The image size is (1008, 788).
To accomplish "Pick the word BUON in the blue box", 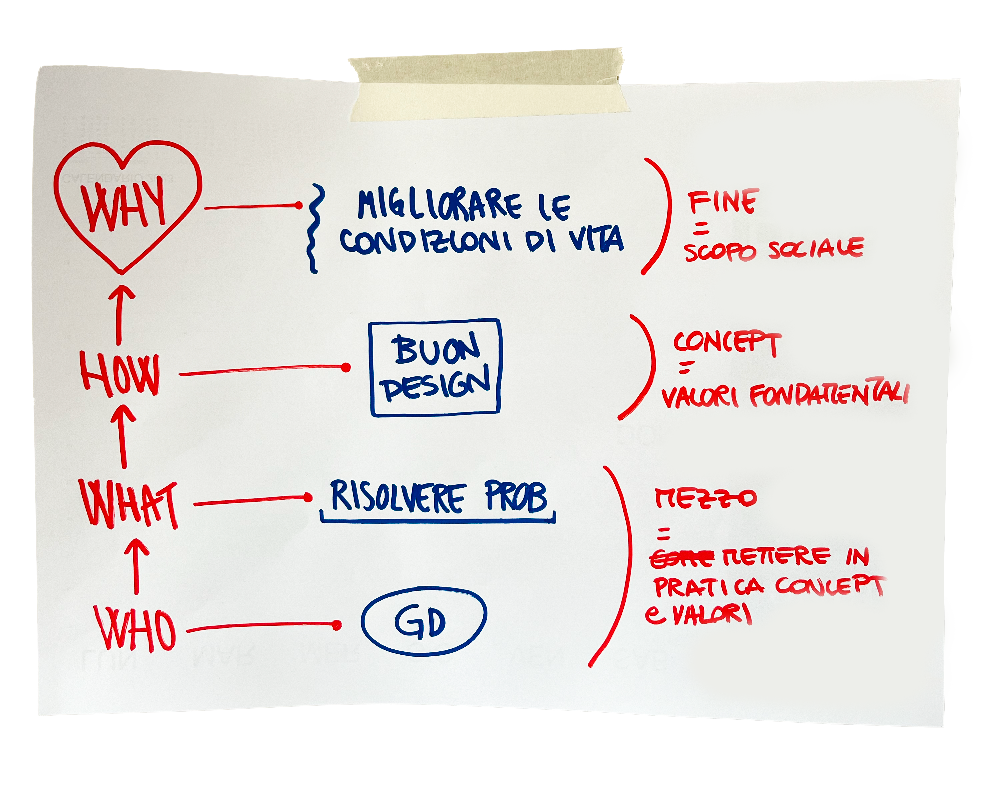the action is (436, 350).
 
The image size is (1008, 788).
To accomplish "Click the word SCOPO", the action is (720, 252).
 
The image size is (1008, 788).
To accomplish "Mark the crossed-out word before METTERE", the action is (681, 559).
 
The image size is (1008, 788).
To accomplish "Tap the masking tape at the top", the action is (487, 85).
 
